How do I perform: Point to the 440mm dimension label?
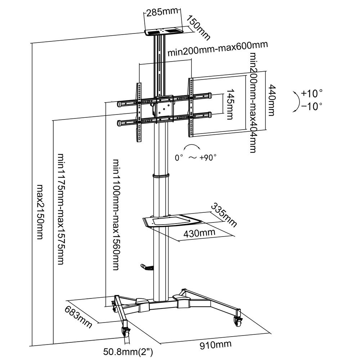[x=272, y=100]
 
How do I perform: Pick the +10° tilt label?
[x=312, y=94]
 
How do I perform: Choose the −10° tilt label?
[x=312, y=106]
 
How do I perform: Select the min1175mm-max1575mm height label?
[x=61, y=209]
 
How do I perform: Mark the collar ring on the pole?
[x=161, y=176]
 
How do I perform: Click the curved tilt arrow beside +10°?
[x=296, y=102]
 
